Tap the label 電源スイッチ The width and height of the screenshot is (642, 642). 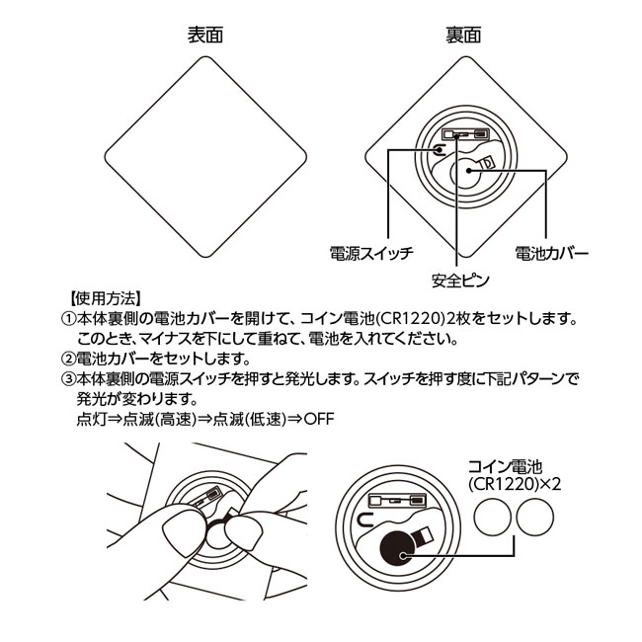click(x=370, y=254)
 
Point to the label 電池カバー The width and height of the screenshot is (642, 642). click(x=552, y=254)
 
